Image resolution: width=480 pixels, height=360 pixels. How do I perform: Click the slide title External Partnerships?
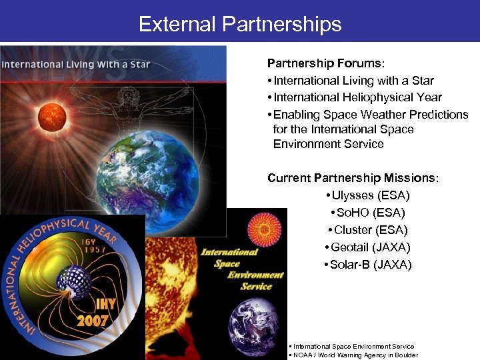pos(240,25)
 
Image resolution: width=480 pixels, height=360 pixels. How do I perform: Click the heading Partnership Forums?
pos(325,63)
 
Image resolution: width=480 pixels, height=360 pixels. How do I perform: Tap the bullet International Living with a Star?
pos(351,81)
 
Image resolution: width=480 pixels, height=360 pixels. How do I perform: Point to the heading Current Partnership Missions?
pos(353,178)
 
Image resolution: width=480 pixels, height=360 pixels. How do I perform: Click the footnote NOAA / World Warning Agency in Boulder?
pos(354,355)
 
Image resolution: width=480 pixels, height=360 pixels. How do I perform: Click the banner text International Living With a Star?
pos(75,65)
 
